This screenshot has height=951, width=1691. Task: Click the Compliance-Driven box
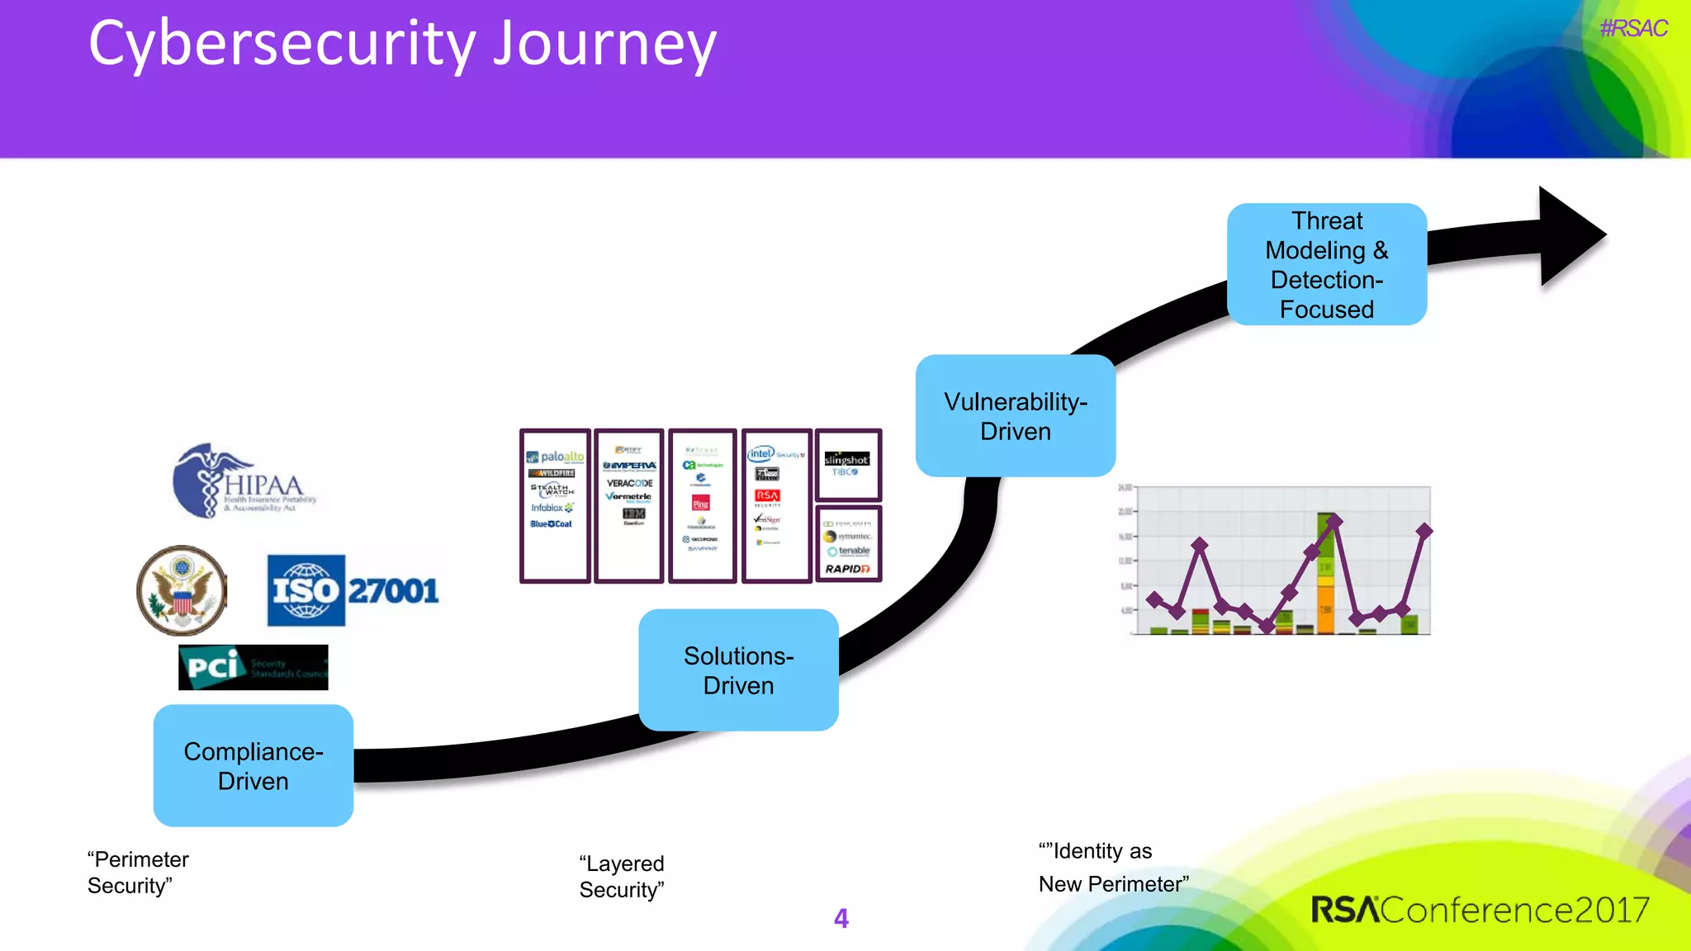click(253, 765)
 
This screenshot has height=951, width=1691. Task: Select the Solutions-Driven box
click(738, 669)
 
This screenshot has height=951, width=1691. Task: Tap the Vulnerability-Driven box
click(1015, 415)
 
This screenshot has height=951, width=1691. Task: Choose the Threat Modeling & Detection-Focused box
click(1326, 264)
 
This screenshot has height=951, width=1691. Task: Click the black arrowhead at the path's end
click(1569, 236)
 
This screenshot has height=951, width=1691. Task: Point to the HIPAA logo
click(244, 483)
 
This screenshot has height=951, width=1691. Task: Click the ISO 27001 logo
click(353, 590)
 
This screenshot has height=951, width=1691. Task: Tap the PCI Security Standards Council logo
click(253, 667)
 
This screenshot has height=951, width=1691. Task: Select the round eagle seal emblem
click(182, 590)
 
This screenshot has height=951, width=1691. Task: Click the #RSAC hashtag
click(1632, 29)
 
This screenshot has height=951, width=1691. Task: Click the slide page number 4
click(841, 918)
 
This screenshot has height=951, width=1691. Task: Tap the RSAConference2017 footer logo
click(1480, 910)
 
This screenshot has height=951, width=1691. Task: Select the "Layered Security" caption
click(622, 877)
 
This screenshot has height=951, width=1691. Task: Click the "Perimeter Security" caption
click(138, 873)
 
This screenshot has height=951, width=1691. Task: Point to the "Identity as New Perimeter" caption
click(1113, 868)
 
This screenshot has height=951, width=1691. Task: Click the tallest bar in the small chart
click(1326, 574)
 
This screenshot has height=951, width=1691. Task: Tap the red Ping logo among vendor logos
click(701, 504)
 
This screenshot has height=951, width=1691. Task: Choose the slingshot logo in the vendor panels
click(846, 460)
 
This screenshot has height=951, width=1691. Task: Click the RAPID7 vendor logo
click(847, 569)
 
